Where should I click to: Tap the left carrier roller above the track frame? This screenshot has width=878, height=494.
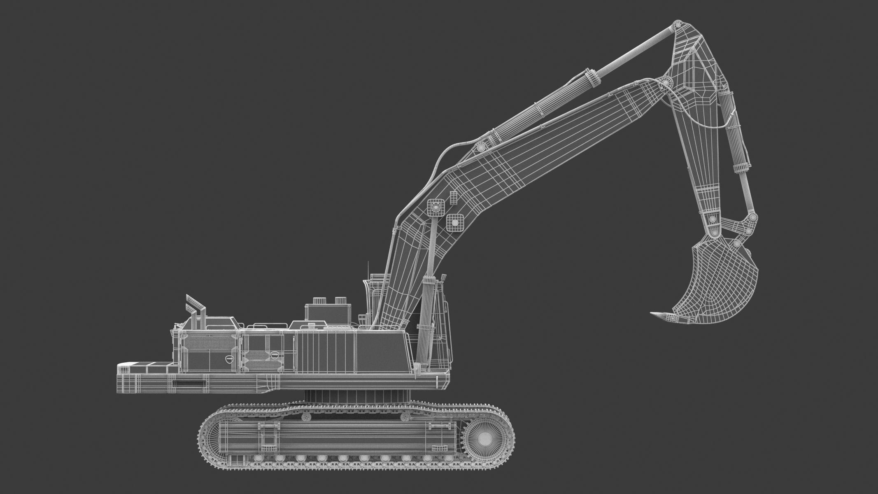tap(306, 417)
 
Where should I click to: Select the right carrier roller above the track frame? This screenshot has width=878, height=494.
tap(405, 417)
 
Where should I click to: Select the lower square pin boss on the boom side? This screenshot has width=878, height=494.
tap(454, 222)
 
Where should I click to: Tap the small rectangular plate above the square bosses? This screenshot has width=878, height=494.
tap(453, 197)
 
